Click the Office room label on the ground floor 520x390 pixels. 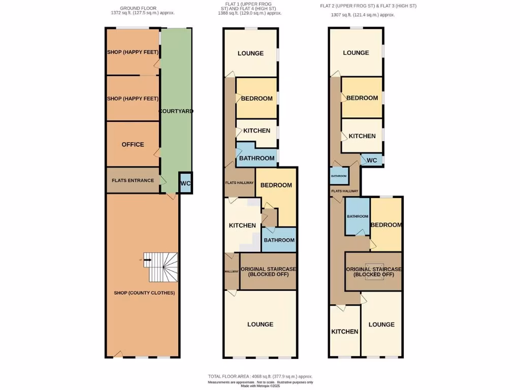point(133,144)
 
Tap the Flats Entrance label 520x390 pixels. point(133,180)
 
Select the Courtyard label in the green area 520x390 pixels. point(176,111)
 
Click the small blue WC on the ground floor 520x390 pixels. point(185,183)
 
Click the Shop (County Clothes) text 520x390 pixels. point(144,293)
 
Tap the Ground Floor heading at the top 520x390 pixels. point(138,8)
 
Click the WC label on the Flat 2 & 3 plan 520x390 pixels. point(372,160)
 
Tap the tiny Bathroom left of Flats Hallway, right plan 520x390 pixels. point(339,176)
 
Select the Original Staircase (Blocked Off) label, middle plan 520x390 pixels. point(268,272)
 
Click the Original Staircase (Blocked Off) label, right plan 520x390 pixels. point(374,272)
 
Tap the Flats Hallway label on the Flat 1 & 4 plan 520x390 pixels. point(239,183)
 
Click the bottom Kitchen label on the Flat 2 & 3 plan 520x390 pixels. point(345,332)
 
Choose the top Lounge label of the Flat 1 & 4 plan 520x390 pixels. point(251,53)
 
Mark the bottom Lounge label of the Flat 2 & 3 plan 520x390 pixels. point(381,324)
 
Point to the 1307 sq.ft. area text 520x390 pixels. point(363,15)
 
